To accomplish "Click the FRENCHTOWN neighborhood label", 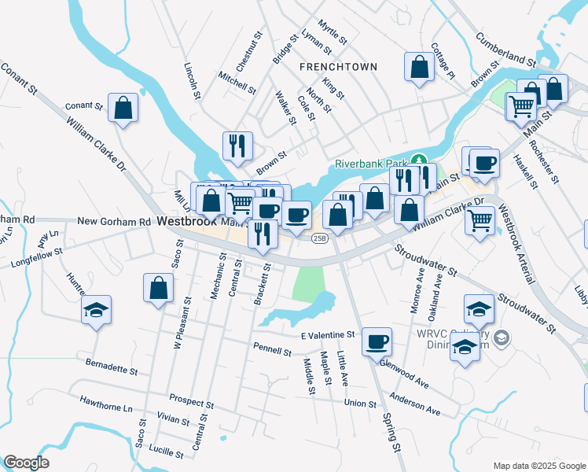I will pos(338,68).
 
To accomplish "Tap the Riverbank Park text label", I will pos(373,164).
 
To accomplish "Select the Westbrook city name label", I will pos(186,222).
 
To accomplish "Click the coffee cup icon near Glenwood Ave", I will pos(377,341).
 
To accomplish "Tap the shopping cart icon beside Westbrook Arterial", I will pos(480,219).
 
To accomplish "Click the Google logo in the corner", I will pos(27,463).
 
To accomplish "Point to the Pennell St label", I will pos(273,347).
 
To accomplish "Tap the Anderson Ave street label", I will pos(414,404).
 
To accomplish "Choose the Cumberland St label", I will pos(506,50).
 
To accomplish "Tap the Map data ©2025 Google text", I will pos(538,465).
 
